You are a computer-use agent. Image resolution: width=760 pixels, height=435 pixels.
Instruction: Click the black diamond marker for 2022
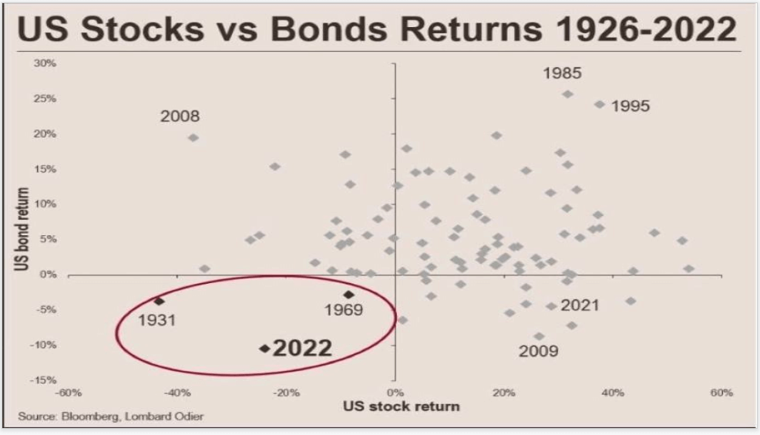click(x=264, y=349)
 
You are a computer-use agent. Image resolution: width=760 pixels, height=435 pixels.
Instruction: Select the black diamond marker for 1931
click(x=159, y=302)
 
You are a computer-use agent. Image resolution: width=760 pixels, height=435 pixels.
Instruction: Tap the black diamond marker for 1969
click(x=348, y=295)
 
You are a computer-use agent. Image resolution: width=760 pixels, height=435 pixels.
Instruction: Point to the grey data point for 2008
click(x=193, y=138)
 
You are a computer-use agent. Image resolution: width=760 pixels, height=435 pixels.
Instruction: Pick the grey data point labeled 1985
click(x=568, y=94)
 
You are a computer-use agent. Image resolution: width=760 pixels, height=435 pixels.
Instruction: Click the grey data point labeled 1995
click(x=600, y=104)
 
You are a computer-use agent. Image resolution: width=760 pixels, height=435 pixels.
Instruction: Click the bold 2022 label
click(x=303, y=349)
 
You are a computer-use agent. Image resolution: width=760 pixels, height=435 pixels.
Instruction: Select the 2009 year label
click(x=539, y=352)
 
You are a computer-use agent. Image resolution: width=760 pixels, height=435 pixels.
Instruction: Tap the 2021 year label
click(x=580, y=305)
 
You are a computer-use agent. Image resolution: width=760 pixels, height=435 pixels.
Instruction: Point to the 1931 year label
click(x=156, y=319)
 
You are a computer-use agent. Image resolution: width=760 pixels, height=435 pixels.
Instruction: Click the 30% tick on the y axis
click(x=45, y=63)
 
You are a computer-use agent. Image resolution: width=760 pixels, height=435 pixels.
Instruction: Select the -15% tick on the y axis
click(x=43, y=380)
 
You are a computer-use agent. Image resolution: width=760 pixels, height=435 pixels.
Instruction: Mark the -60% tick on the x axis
click(x=69, y=393)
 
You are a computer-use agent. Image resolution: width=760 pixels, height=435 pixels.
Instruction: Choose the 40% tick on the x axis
click(x=613, y=393)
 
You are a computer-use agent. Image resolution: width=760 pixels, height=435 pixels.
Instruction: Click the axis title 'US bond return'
click(x=24, y=228)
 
